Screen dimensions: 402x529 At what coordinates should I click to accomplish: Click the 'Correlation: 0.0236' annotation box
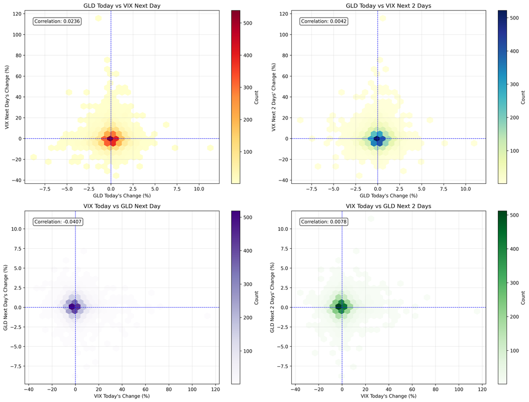57,21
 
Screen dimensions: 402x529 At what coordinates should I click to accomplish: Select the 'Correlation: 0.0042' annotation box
324,21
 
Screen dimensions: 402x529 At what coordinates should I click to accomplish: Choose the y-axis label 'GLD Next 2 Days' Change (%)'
274,296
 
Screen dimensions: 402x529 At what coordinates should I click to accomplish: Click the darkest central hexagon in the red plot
111,139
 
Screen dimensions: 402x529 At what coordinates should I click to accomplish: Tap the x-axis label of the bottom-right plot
389,396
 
